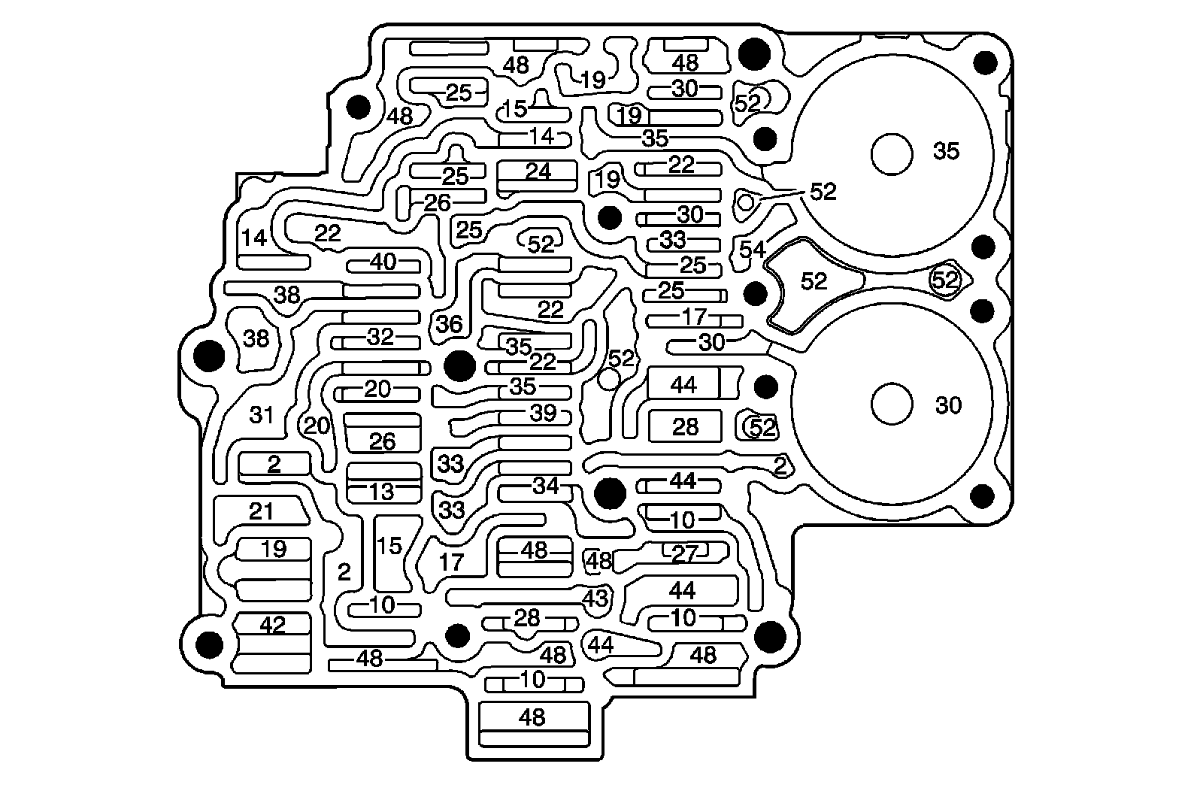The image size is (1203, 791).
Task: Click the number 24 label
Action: tap(538, 171)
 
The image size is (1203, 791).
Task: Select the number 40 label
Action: tap(383, 262)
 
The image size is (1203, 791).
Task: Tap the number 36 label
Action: tap(449, 324)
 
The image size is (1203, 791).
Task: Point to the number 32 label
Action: tap(380, 338)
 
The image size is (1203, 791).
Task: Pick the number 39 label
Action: tap(543, 413)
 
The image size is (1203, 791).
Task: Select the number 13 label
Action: tap(382, 492)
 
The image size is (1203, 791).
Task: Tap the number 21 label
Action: tap(261, 511)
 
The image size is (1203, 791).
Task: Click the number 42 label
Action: tap(272, 625)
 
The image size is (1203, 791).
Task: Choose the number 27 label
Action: tap(684, 554)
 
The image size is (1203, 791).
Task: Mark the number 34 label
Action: tap(546, 486)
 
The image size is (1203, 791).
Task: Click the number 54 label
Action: tap(752, 249)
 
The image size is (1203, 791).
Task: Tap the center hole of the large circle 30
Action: tap(892, 404)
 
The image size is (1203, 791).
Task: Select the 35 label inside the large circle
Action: tap(946, 151)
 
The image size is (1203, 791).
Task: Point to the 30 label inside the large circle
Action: tap(948, 405)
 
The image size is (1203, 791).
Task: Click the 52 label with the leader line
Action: tap(823, 192)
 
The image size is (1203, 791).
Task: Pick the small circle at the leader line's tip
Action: tap(746, 202)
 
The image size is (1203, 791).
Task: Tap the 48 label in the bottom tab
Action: tap(532, 717)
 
